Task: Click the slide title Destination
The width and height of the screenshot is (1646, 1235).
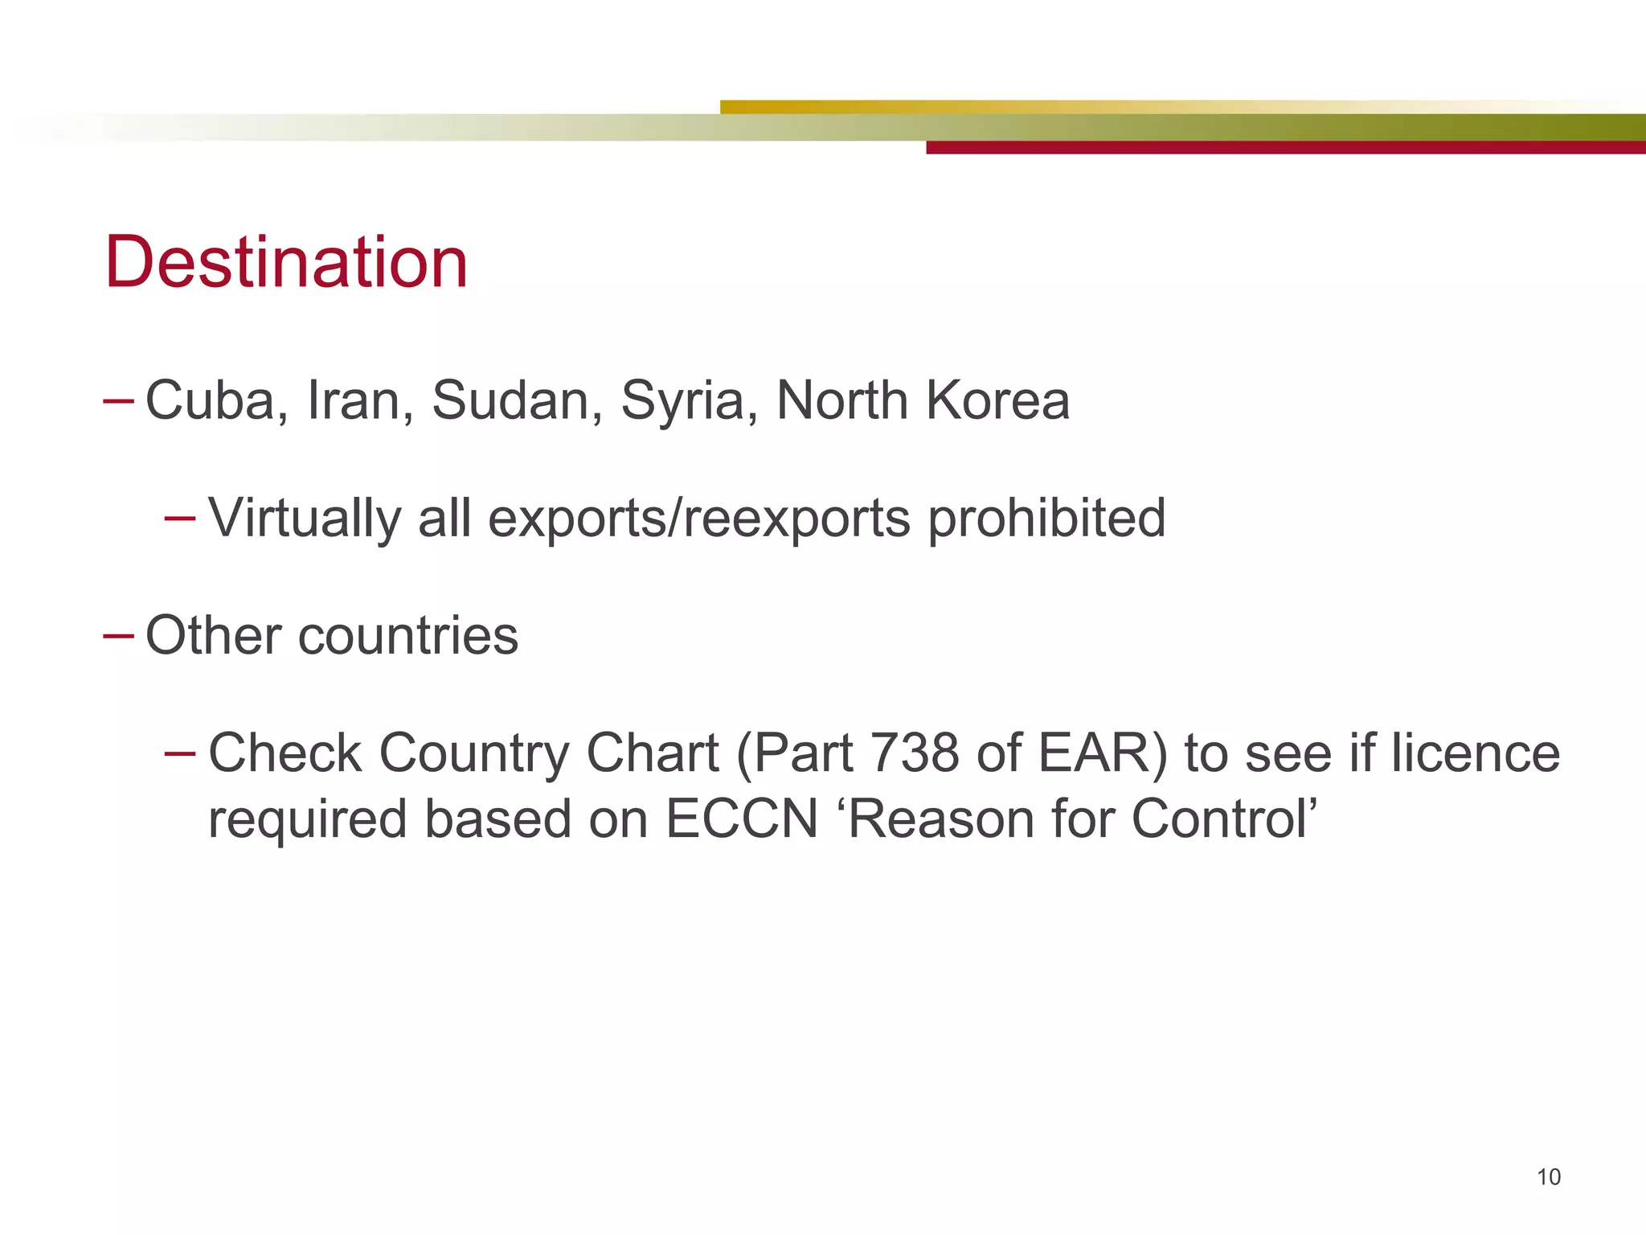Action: (x=286, y=262)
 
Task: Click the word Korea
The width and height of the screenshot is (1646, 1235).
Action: (x=997, y=400)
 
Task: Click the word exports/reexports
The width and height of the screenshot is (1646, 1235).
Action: (x=698, y=519)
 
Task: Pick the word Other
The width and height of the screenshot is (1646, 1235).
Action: (x=213, y=636)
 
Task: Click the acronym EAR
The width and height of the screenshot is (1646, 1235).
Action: (x=1101, y=753)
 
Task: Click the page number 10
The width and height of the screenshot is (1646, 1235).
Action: (x=1548, y=1177)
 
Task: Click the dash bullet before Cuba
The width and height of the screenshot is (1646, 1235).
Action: (x=118, y=400)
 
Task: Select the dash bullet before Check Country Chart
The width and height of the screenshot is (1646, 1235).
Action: (x=179, y=753)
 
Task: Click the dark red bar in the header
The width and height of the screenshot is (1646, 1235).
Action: (x=1286, y=148)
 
